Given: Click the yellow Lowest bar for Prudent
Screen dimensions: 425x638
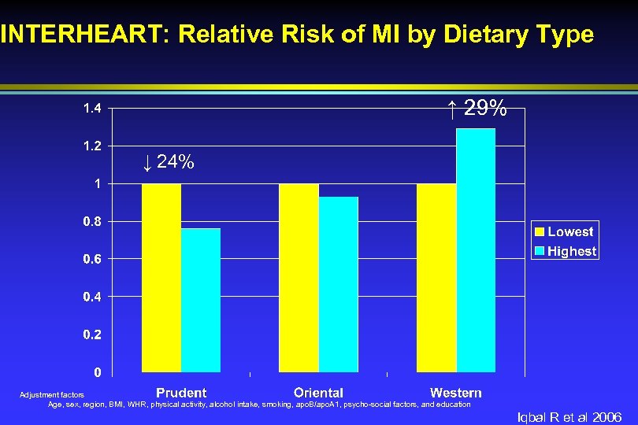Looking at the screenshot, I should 161,277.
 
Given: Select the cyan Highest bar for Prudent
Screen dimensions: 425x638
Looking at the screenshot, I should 201,300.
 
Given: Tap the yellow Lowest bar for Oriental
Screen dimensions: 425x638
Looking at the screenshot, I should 299,277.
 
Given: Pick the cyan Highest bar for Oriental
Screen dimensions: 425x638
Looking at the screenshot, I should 339,284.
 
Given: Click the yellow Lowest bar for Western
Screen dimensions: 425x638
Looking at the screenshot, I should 436,277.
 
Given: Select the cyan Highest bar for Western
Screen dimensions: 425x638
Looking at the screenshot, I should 476,249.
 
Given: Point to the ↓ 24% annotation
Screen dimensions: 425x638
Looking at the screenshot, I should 169,163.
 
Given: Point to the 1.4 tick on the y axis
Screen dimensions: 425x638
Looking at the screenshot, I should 92,109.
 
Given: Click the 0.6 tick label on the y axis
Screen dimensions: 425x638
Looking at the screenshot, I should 92,259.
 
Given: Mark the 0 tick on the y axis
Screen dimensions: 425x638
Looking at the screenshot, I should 97,371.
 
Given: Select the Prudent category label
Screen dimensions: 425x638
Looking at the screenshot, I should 181,392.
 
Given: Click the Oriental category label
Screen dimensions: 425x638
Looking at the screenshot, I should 318,392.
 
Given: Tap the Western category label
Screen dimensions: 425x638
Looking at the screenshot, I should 456,392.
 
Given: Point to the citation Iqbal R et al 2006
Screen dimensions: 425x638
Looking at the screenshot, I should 569,417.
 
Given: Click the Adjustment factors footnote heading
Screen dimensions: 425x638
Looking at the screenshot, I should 51,395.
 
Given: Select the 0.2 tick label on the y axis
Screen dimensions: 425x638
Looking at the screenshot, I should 92,334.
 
